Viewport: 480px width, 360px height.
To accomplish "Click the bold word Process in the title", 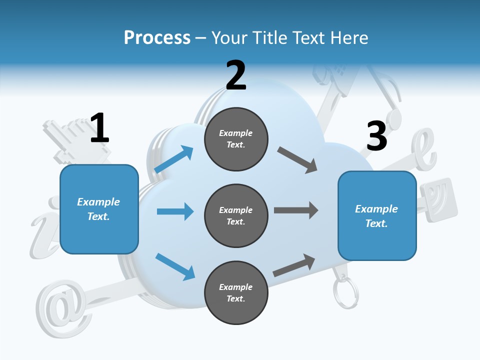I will click(157, 37).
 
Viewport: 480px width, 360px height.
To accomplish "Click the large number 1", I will click(99, 128).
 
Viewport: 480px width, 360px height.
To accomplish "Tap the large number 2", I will click(236, 75).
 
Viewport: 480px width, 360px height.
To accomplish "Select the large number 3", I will click(376, 136).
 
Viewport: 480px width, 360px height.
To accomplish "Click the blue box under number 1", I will click(99, 209).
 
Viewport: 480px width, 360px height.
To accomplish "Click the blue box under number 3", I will click(377, 216).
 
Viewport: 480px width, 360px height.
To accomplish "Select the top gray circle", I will click(236, 139).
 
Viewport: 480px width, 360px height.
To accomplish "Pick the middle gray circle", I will click(236, 216).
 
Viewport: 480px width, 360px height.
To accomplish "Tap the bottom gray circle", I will click(236, 293).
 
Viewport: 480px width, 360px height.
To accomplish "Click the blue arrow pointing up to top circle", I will click(174, 159).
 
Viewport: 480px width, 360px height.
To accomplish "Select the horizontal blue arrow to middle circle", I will click(175, 211).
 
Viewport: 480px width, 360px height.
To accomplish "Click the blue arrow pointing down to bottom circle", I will click(175, 266).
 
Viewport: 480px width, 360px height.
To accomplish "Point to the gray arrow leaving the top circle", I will click(297, 160).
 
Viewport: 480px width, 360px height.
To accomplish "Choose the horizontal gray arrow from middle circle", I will click(296, 210).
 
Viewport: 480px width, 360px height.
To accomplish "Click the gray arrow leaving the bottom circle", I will click(294, 265).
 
